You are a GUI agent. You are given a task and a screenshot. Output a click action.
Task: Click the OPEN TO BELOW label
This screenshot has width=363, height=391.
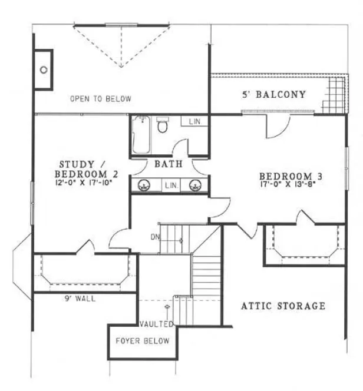click(x=100, y=98)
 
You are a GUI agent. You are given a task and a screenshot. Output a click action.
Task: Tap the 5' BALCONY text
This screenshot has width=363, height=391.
click(x=273, y=94)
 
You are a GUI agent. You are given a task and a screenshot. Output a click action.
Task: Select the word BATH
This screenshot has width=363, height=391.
click(x=169, y=164)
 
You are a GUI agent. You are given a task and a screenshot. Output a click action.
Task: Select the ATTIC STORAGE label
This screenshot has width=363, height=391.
click(x=283, y=306)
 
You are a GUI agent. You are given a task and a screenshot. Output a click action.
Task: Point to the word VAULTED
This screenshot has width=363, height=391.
click(x=156, y=324)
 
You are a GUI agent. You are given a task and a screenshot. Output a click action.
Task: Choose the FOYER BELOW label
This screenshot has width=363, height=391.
click(x=142, y=341)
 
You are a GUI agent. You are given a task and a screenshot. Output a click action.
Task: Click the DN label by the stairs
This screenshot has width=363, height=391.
click(x=154, y=237)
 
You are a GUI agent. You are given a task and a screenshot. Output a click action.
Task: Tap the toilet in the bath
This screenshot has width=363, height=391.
click(x=163, y=125)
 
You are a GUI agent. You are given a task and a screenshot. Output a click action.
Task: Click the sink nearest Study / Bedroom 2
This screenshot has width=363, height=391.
click(x=143, y=186)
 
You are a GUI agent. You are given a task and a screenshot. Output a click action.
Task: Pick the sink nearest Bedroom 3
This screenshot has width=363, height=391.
click(x=194, y=186)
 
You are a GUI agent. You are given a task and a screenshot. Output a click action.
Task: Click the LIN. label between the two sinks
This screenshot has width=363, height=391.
click(x=170, y=185)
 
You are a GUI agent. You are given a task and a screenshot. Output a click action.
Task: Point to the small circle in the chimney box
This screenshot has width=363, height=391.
click(x=44, y=69)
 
